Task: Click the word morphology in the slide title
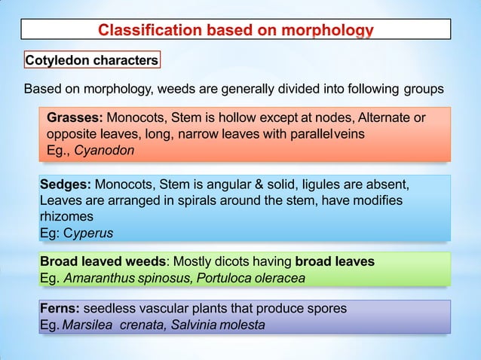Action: [326, 31]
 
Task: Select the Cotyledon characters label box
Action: [91, 59]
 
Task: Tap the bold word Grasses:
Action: [75, 118]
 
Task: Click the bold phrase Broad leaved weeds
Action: [103, 262]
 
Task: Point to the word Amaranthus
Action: [99, 278]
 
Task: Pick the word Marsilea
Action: [87, 325]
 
